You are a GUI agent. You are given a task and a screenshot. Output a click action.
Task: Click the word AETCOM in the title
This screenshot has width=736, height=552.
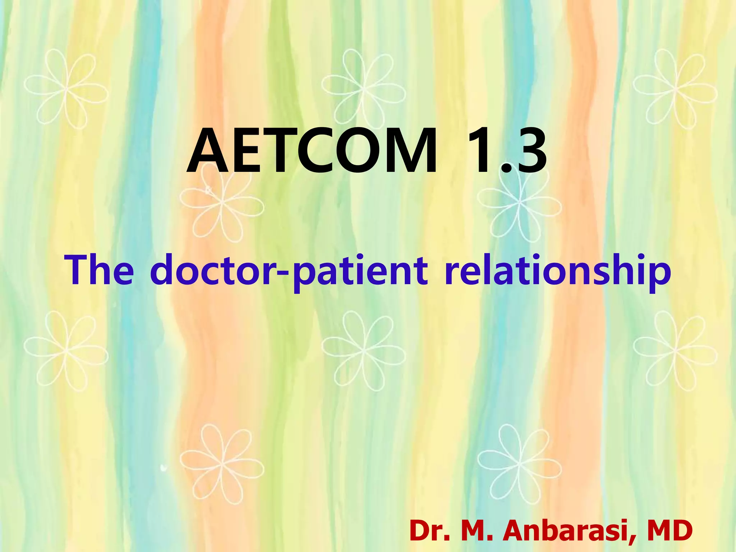[x=312, y=151]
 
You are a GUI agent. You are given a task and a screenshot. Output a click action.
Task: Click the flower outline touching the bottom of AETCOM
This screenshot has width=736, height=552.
[x=222, y=203]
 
